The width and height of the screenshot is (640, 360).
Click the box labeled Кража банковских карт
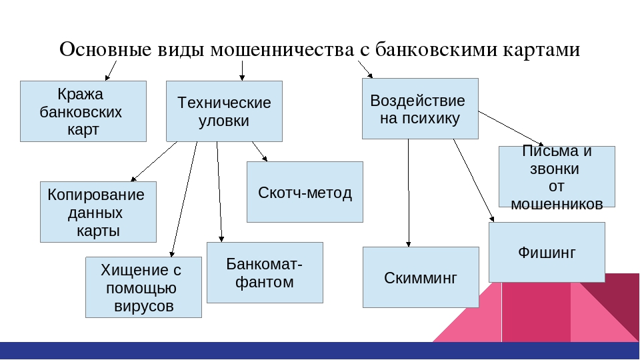click(83, 111)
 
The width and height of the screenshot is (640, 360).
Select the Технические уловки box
click(224, 111)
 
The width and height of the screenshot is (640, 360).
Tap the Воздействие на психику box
click(420, 108)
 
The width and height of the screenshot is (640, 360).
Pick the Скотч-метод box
click(305, 192)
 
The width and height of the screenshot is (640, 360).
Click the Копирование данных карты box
click(98, 212)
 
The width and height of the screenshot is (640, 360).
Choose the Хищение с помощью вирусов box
click(143, 287)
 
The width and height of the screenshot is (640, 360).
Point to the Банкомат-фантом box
click(265, 273)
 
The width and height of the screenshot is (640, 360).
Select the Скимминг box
click(421, 277)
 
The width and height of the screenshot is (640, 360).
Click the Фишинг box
click(547, 253)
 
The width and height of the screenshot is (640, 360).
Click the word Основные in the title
click(105, 50)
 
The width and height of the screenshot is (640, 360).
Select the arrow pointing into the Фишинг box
click(474, 180)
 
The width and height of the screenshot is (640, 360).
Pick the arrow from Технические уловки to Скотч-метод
click(259, 151)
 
